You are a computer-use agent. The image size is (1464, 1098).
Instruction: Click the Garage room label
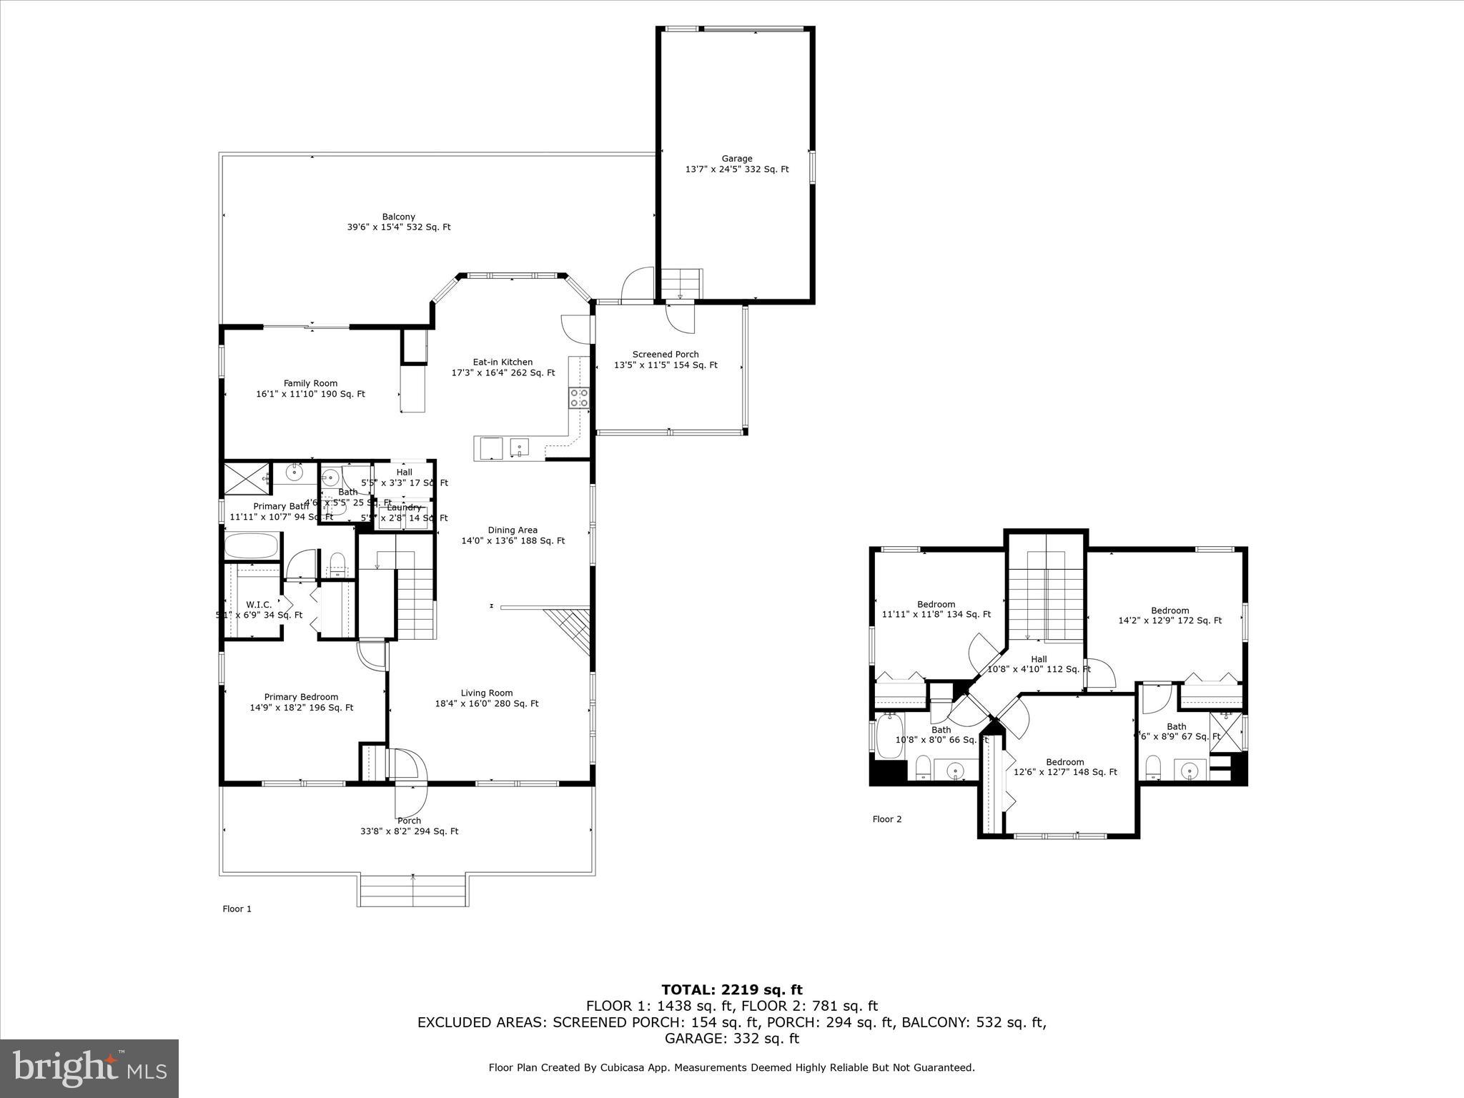click(x=736, y=164)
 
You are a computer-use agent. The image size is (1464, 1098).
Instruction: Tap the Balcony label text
click(x=398, y=222)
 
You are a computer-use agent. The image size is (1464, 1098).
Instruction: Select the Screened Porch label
click(x=666, y=359)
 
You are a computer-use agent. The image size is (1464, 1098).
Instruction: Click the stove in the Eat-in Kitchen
click(x=579, y=397)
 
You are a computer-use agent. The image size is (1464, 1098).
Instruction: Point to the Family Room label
click(x=310, y=388)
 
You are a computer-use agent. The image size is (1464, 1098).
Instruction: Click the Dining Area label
click(x=513, y=535)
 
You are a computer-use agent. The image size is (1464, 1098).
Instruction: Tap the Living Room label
click(x=486, y=698)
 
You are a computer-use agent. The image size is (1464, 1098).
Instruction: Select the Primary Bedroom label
click(x=301, y=702)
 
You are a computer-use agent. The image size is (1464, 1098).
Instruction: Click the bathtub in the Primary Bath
click(x=251, y=547)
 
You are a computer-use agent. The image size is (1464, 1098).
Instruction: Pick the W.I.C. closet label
click(x=259, y=609)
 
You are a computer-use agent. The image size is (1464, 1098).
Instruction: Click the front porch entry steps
click(x=413, y=889)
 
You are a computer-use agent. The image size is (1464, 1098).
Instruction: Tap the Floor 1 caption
click(x=237, y=909)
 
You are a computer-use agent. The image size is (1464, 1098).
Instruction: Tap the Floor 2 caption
click(x=887, y=818)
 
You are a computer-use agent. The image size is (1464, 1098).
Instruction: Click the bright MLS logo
click(x=89, y=1068)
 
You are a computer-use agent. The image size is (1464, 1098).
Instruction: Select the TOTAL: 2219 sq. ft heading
click(x=731, y=989)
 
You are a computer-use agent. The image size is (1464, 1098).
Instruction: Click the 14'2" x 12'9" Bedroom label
click(x=1169, y=615)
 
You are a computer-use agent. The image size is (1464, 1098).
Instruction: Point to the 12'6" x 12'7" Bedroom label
click(x=1065, y=766)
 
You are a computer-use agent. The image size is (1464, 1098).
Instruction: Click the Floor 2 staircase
click(x=1046, y=597)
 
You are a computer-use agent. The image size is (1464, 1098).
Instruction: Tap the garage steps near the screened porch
click(x=680, y=283)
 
